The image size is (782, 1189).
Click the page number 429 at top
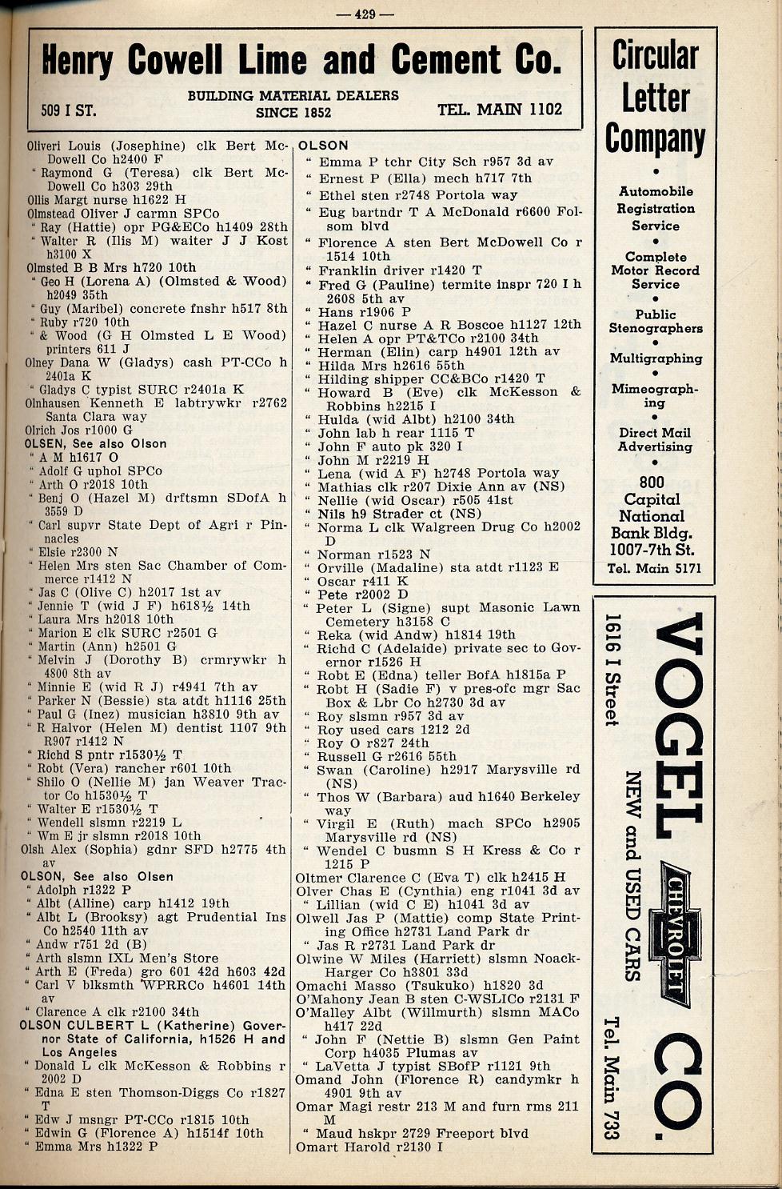click(365, 14)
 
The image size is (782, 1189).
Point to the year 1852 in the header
click(314, 113)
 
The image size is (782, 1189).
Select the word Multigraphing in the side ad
click(656, 358)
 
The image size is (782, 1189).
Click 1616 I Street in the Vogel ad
click(611, 670)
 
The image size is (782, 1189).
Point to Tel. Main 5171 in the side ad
click(654, 568)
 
